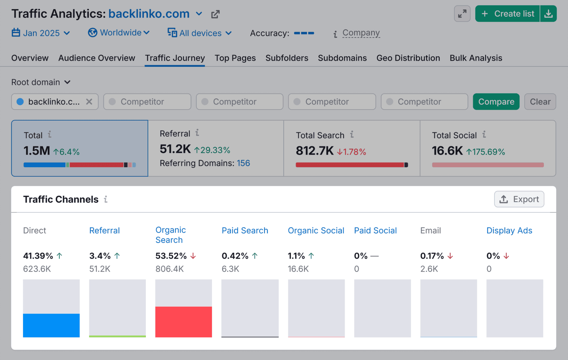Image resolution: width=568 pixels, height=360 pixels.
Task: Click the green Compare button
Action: pos(496,102)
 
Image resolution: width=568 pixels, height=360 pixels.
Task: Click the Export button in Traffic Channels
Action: pos(519,199)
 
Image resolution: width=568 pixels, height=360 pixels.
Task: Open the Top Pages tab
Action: pos(235,58)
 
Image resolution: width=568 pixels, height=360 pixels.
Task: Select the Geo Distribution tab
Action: pos(408,58)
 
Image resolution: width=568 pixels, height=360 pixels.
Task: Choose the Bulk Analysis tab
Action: pos(476,58)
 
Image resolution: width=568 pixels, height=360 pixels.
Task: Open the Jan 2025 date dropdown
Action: pos(41,33)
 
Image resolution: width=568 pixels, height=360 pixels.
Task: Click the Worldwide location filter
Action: pos(119,33)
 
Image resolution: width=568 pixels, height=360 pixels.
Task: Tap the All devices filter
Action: pos(200,33)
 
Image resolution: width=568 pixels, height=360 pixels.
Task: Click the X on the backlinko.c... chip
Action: pos(89,102)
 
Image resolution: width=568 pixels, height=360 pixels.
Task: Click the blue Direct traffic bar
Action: pos(51,325)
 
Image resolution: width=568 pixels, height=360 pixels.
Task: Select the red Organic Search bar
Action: pos(184,322)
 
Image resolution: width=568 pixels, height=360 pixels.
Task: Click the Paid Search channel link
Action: pos(245,230)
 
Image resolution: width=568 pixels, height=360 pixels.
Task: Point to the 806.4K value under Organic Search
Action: pos(169,269)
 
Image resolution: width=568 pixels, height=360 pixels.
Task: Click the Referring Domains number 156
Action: pos(243,163)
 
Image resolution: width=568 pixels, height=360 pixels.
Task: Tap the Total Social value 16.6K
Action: pos(447,151)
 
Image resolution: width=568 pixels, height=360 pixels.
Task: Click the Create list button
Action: pos(508,14)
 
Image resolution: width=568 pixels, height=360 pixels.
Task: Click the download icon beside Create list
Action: pos(548,14)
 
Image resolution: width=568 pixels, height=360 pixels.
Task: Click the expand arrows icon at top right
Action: pos(462,14)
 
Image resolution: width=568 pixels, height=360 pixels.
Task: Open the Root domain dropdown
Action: pos(41,82)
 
